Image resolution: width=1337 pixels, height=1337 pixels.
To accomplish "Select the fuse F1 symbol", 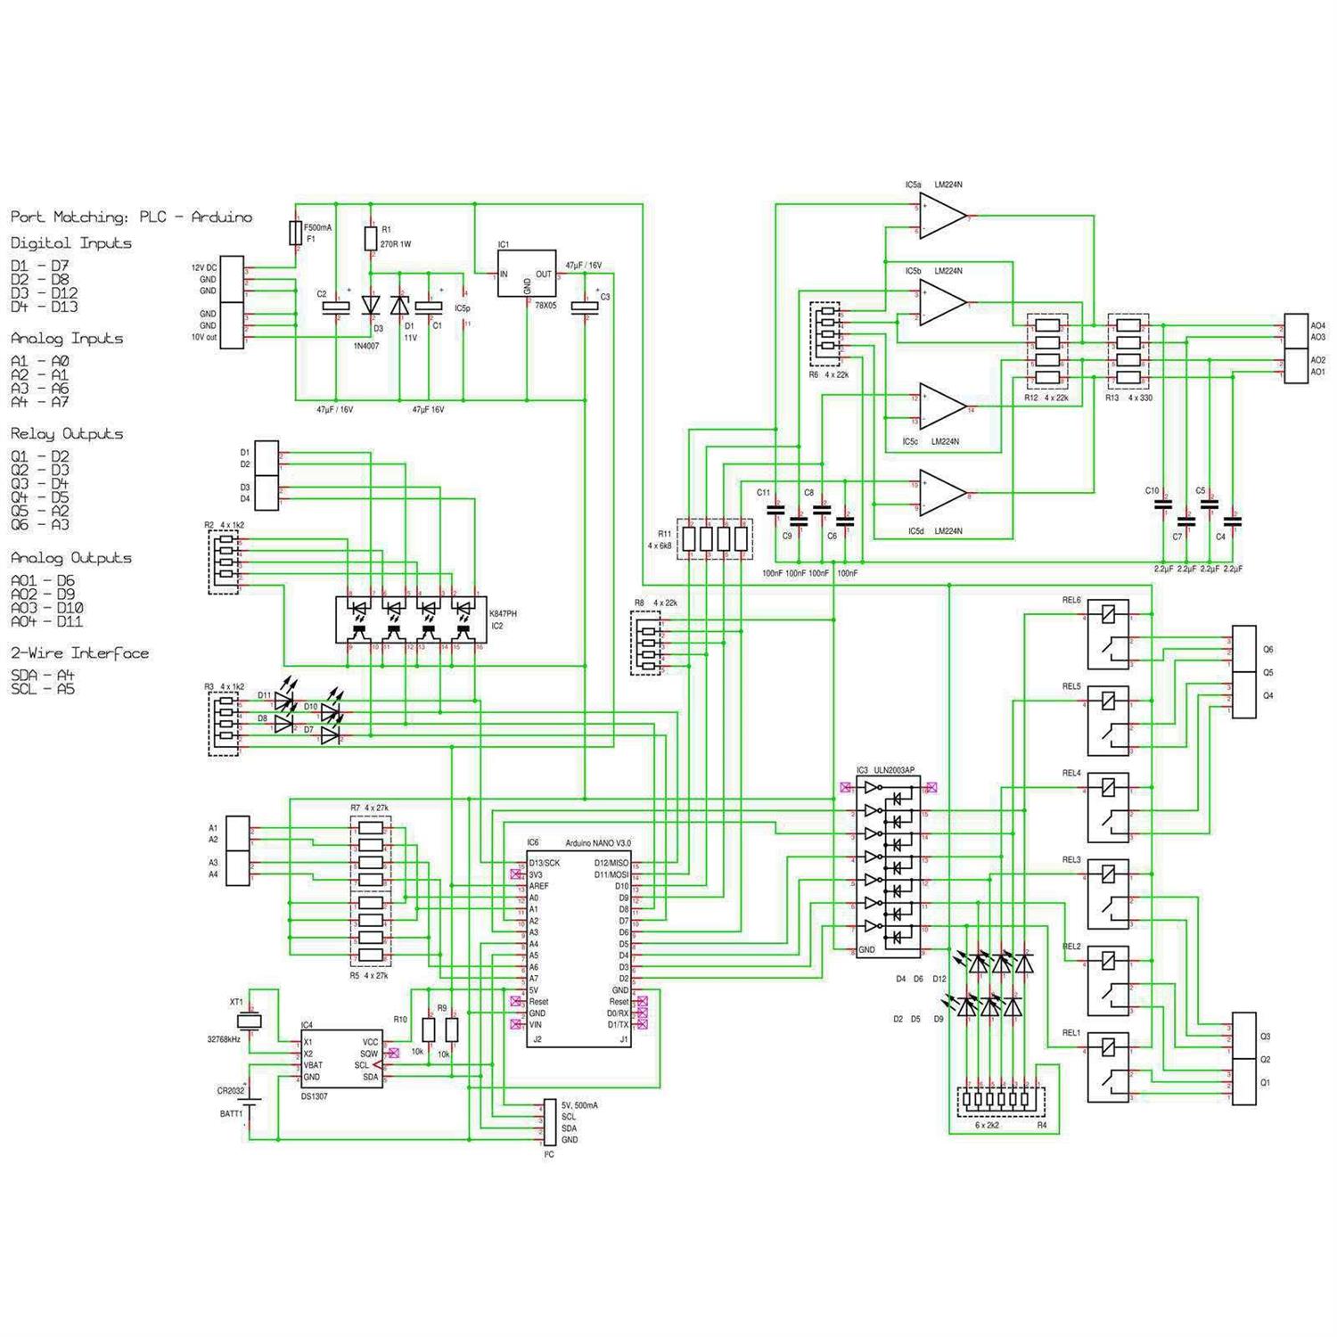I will point(297,234).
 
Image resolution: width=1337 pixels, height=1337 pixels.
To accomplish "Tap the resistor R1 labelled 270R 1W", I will point(372,239).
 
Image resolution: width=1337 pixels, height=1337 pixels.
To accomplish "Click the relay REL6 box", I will point(1108,634).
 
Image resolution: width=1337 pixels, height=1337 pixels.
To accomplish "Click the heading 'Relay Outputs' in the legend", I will point(67,434).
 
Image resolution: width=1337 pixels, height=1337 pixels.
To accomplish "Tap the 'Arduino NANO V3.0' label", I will point(597,843).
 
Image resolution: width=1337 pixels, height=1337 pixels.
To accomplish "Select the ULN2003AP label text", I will point(894,770).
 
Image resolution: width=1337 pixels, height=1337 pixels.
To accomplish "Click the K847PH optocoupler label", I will point(503,614).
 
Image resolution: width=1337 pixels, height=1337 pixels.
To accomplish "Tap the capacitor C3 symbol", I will point(585,307).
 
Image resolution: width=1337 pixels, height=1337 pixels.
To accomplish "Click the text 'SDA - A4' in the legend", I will point(42,676).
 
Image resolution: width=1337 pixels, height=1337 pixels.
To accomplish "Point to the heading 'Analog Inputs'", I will point(67,339).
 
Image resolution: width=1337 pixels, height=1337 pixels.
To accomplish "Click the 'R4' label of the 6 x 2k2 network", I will point(1042,1126).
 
